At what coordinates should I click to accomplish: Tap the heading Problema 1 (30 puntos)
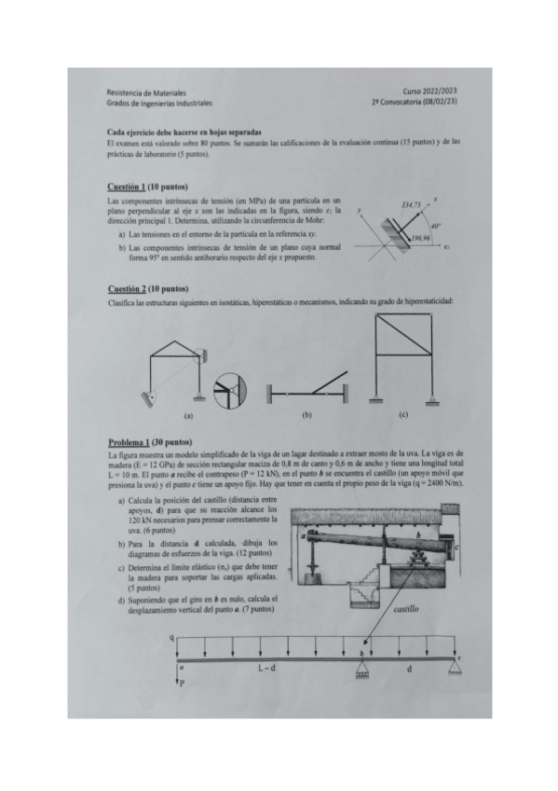(150, 441)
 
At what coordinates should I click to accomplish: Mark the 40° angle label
(435, 226)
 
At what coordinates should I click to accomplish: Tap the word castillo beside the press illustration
(406, 607)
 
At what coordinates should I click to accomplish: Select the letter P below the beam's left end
(185, 685)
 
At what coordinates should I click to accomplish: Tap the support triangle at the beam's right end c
(454, 664)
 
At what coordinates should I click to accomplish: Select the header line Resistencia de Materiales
(147, 93)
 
